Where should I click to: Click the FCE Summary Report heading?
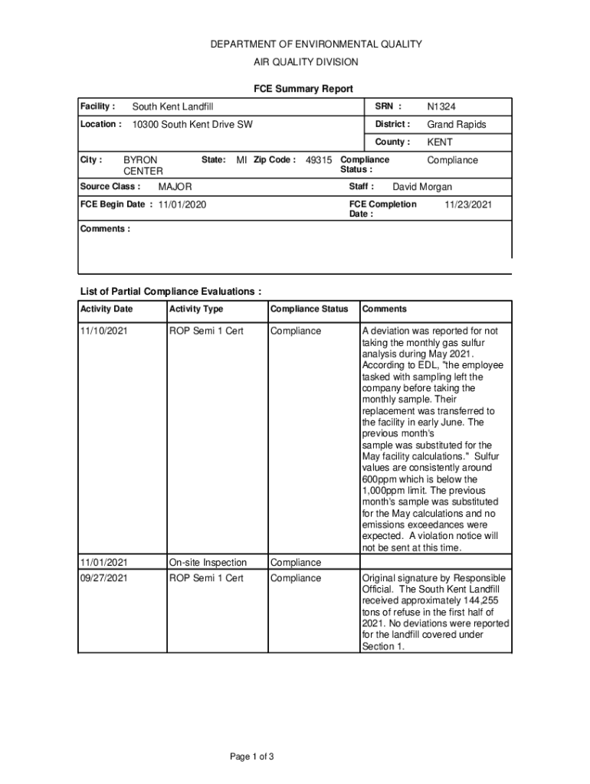pyautogui.click(x=303, y=90)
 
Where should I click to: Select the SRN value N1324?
pyautogui.click(x=441, y=106)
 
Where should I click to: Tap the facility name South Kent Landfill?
pyautogui.click(x=172, y=106)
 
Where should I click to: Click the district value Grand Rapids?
pyautogui.click(x=457, y=124)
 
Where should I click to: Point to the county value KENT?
pyautogui.click(x=440, y=142)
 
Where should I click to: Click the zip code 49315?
pyautogui.click(x=319, y=160)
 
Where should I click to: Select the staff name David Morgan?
pyautogui.click(x=422, y=187)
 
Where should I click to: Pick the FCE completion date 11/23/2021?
pyautogui.click(x=468, y=204)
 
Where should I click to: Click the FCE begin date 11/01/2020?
pyautogui.click(x=182, y=204)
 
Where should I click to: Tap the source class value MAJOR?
pyautogui.click(x=175, y=187)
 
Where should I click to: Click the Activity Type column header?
pyautogui.click(x=196, y=309)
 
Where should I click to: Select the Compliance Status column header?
pyautogui.click(x=309, y=309)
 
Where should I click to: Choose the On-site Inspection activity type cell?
pyautogui.click(x=208, y=563)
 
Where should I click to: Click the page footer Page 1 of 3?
pyautogui.click(x=252, y=757)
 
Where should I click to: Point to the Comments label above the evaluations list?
pyautogui.click(x=105, y=229)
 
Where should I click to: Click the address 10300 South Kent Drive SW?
pyautogui.click(x=192, y=124)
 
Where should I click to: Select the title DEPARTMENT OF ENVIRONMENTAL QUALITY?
pyautogui.click(x=316, y=44)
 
